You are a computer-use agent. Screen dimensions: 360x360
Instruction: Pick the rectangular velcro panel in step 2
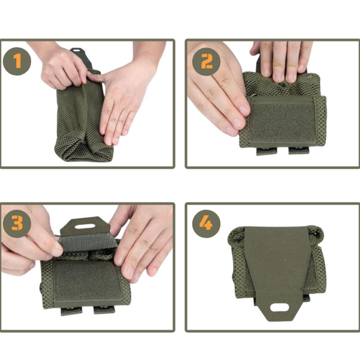click(x=282, y=120)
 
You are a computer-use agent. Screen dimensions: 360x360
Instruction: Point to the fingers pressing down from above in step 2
click(x=282, y=60)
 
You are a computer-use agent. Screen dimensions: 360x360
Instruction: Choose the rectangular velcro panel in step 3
click(x=87, y=279)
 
